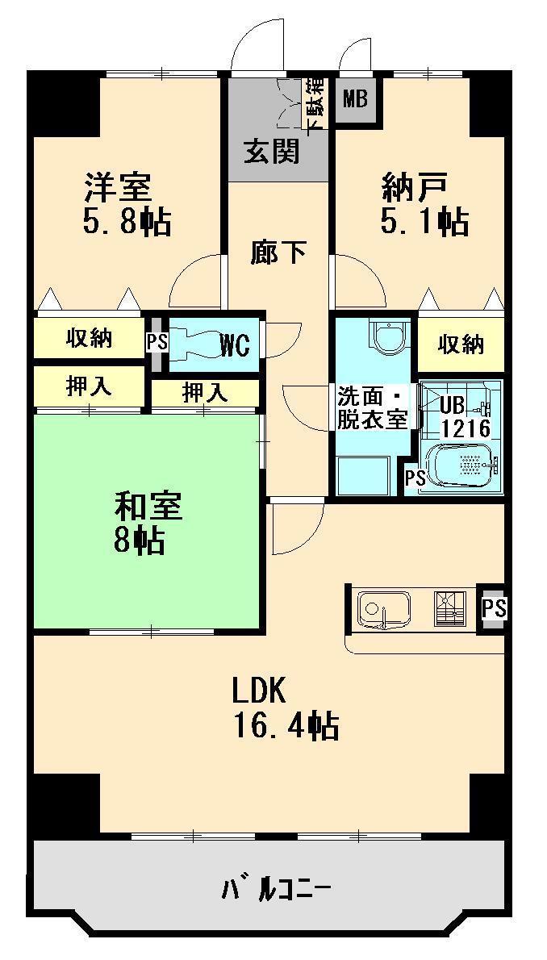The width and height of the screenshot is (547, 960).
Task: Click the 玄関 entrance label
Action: tap(272, 151)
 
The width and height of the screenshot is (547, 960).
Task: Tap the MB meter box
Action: tap(355, 100)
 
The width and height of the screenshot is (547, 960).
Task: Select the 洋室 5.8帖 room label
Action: tap(126, 204)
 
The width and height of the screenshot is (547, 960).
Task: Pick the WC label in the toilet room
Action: tap(235, 345)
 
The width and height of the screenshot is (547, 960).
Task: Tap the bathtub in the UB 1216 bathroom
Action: tap(463, 466)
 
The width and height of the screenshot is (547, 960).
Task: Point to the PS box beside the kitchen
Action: tap(493, 607)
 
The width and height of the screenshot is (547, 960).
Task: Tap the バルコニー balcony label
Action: tap(275, 891)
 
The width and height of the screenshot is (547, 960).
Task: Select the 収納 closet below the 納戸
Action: tap(461, 344)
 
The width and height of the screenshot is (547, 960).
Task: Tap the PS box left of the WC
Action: tap(157, 342)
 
